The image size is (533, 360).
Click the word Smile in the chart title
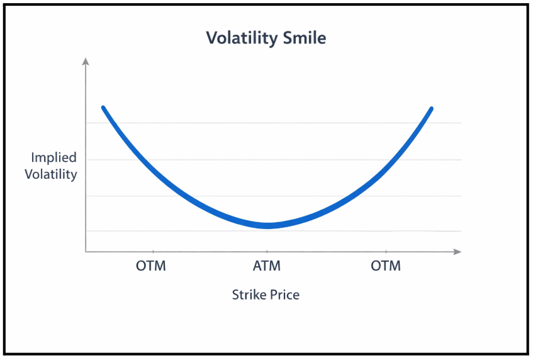coord(303,38)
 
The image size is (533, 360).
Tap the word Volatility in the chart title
coord(242,38)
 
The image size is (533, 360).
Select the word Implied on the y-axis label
coord(53,157)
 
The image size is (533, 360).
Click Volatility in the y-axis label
coord(51,174)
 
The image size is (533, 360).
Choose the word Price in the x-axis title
coord(285,294)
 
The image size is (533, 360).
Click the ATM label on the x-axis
coord(267,266)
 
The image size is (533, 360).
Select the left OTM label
coord(151,266)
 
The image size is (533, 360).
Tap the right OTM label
coord(386,266)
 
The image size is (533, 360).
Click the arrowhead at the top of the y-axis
coord(86,61)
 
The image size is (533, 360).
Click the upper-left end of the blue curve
coord(103,108)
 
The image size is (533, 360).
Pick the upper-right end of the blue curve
coord(432,108)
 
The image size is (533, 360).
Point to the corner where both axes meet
coord(86,252)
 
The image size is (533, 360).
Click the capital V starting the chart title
coord(212,38)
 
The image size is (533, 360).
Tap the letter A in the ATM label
coord(258,266)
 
